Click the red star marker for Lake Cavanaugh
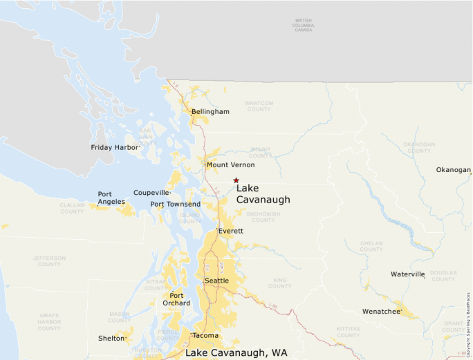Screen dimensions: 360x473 pos(236,180)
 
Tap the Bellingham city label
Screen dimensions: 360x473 pos(210,111)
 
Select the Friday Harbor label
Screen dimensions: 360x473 pos(115,147)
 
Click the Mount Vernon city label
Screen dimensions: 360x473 pos(230,165)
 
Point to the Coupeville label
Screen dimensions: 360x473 pos(151,193)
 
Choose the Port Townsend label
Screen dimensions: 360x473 pos(176,204)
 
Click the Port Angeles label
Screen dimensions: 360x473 pos(111,198)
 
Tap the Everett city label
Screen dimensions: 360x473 pos(231,231)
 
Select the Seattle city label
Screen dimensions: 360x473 pos(216,281)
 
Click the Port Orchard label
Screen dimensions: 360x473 pos(176,299)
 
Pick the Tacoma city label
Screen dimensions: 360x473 pos(205,336)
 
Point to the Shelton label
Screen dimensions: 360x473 pos(111,339)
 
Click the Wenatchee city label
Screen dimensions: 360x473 pos(381,312)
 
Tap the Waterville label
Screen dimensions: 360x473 pos(407,274)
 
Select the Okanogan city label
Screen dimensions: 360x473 pos(453,170)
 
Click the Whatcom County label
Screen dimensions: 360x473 pos(259,106)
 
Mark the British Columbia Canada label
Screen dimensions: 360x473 pos(303,25)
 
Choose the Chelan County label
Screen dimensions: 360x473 pos(371,246)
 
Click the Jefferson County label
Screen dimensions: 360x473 pos(48,260)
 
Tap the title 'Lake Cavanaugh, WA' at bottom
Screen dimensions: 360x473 pos(236,352)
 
